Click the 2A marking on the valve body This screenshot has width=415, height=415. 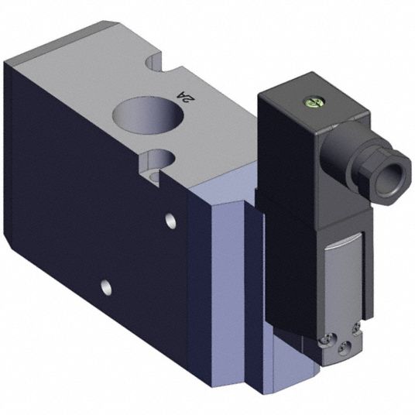pyautogui.click(x=187, y=97)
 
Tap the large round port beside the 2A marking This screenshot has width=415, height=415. pyautogui.click(x=148, y=115)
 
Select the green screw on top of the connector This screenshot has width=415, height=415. pyautogui.click(x=314, y=103)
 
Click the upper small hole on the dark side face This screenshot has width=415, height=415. pyautogui.click(x=170, y=221)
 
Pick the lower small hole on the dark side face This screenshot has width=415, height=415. pyautogui.click(x=106, y=287)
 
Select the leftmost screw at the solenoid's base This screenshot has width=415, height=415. pyautogui.click(x=328, y=339)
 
